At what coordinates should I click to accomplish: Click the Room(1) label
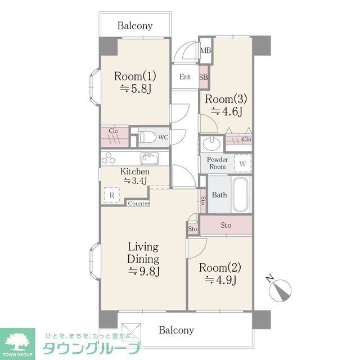(135, 76)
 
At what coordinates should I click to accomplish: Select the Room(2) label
(220, 266)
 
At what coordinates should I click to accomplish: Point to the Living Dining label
(143, 253)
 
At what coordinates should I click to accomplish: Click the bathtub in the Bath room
(241, 194)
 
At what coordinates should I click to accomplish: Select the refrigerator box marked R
(112, 195)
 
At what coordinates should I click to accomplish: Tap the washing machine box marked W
(242, 163)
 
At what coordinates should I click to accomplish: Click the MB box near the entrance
(206, 51)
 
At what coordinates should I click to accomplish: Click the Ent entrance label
(184, 78)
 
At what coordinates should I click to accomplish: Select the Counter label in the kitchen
(138, 204)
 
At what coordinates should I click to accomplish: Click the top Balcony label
(135, 26)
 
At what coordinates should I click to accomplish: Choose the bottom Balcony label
(176, 330)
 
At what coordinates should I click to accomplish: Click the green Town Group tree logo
(17, 341)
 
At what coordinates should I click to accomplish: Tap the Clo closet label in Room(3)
(246, 139)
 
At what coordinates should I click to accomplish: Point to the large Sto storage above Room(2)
(226, 226)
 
